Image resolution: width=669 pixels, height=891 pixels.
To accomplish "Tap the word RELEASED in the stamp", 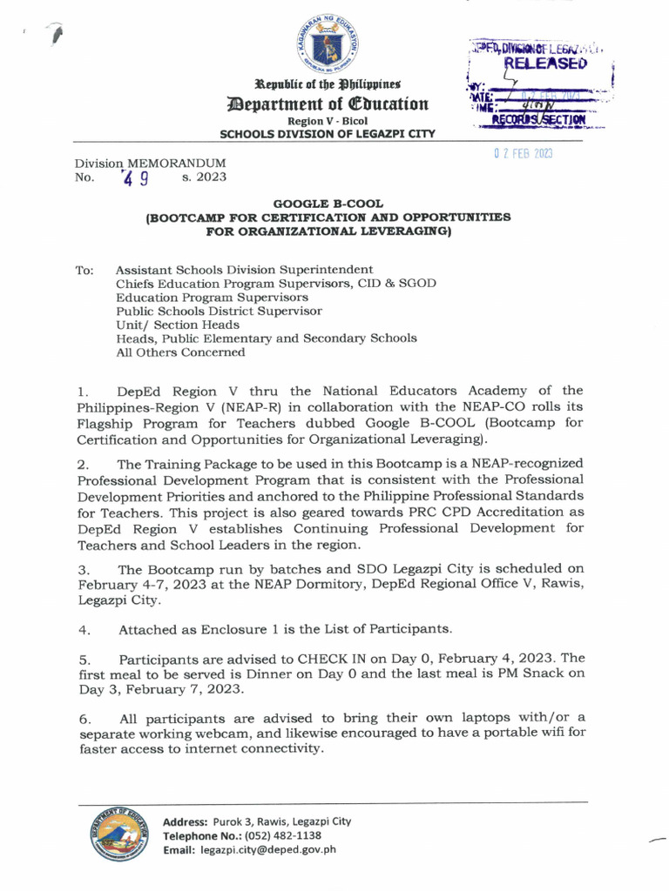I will click(x=541, y=63).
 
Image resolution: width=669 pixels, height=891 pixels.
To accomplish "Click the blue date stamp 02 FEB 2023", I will click(x=524, y=154).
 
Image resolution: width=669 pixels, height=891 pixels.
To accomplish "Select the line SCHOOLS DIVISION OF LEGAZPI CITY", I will click(x=328, y=134).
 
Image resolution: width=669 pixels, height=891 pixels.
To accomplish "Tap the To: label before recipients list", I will click(x=85, y=271).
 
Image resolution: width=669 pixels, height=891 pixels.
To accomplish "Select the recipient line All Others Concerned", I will click(x=180, y=352).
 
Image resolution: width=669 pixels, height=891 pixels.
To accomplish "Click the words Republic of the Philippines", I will click(x=328, y=84).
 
